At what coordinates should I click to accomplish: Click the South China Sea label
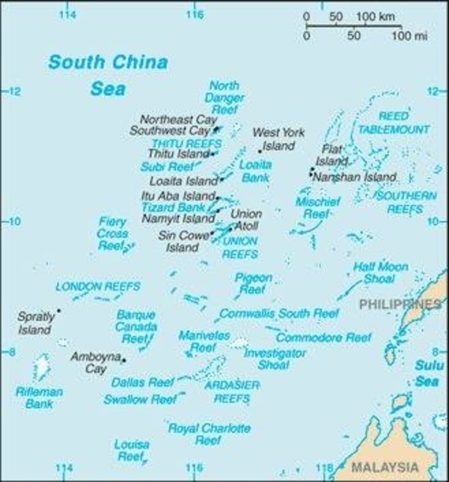pos(108,75)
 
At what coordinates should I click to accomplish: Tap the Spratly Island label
pos(35,323)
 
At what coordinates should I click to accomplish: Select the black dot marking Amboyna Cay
pos(123,361)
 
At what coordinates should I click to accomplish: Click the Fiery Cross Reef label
pos(112,233)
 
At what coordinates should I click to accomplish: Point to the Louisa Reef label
pos(132,450)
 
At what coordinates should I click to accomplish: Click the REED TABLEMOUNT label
pos(393,123)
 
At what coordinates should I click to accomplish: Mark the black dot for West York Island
pos(259,150)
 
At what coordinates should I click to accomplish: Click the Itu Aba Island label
pos(175,195)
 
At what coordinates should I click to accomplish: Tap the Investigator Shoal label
pos(268,358)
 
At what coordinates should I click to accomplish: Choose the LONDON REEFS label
pos(88,287)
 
